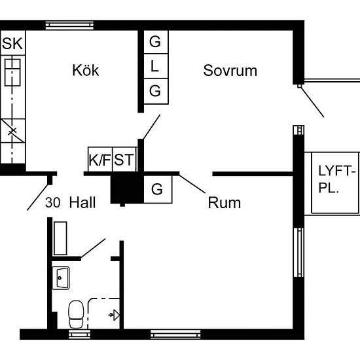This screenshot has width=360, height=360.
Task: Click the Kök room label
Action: point(86,70)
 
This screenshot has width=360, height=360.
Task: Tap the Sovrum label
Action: point(230,71)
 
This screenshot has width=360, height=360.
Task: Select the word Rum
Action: point(225,203)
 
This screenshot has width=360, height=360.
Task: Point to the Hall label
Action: point(82,202)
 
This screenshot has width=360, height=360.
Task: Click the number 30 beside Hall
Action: point(53,202)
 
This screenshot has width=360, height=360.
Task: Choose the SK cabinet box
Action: point(13,43)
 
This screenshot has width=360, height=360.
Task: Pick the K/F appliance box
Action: point(100,159)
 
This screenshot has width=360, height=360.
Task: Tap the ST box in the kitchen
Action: point(124,159)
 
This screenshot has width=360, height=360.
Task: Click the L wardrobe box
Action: point(156,66)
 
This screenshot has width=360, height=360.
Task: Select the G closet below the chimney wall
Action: point(158,189)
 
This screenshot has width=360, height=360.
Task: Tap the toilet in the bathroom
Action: point(76,315)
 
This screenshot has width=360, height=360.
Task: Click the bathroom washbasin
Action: point(61,278)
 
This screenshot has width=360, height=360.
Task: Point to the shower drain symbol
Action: point(114,315)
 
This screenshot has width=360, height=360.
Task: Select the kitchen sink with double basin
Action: point(12,72)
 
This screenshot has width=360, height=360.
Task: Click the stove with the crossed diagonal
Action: point(13,131)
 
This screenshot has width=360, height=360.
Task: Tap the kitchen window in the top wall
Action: point(69,26)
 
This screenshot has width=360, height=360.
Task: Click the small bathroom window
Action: point(79,334)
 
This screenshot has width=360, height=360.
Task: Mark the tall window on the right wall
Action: point(298,252)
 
